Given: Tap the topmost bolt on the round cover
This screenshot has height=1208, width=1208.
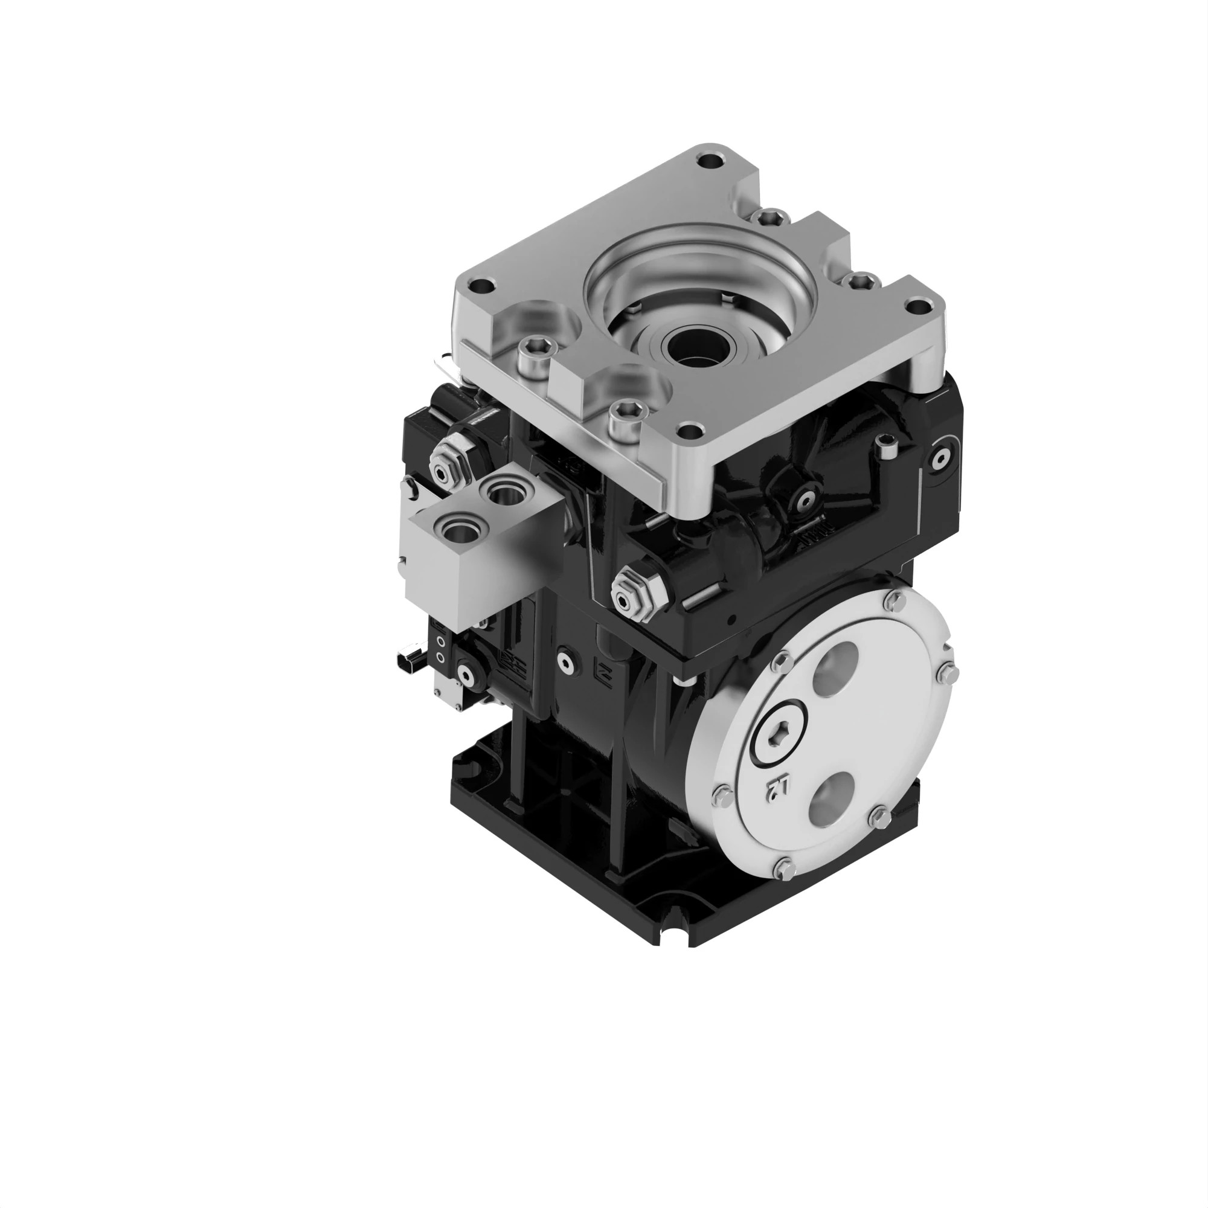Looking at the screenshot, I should (893, 602).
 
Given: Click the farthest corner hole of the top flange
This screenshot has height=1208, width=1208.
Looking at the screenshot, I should (710, 162).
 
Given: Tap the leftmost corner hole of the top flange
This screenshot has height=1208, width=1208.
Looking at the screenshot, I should (482, 288).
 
